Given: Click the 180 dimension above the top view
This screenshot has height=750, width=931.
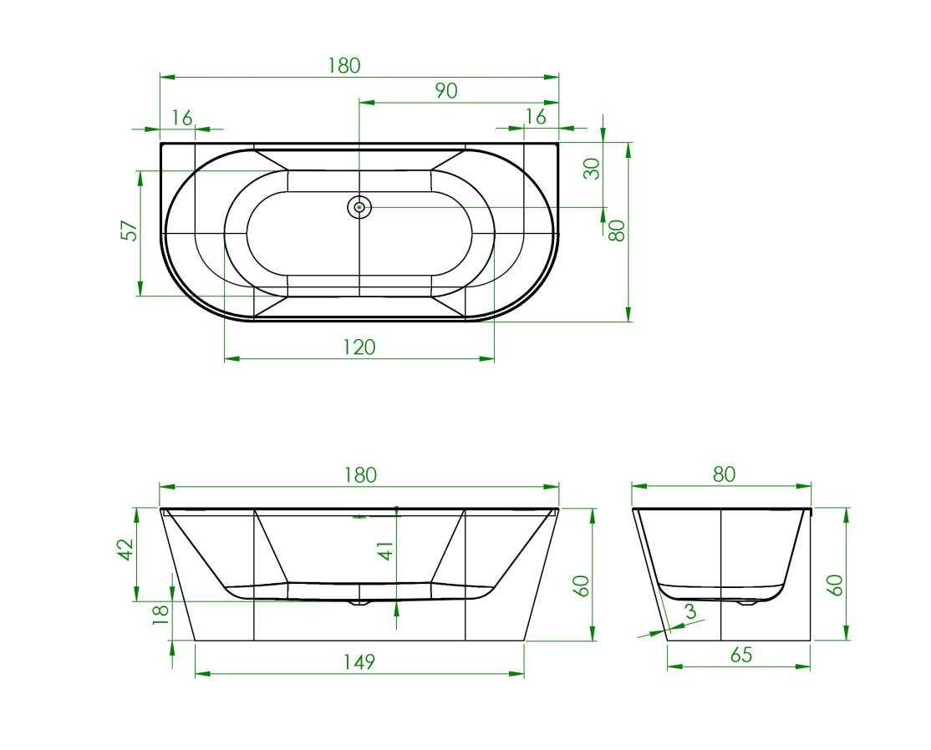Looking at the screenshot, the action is coord(344,65).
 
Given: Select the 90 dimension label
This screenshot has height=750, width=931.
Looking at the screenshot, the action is coord(446,91).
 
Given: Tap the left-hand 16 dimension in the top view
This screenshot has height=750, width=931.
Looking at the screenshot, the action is coord(182,118).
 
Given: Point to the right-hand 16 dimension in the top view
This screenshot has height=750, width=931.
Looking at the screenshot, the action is coord(536,117).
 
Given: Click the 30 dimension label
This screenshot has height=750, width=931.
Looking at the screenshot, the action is coord(592,169).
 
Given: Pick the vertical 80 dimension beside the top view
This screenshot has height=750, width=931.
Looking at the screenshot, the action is coord(617,231).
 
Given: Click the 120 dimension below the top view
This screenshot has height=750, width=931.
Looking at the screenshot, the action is coord(359,347).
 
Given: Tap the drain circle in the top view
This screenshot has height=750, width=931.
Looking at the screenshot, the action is coord(359,207).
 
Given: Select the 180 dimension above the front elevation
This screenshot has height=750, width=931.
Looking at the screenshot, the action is coord(360,475).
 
